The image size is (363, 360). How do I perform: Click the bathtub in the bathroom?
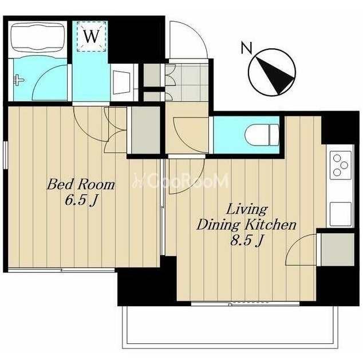tap(38, 37)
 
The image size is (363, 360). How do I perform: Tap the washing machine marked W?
tap(91, 36)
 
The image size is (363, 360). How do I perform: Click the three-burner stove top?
tap(340, 166)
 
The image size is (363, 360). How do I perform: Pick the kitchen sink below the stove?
tap(340, 214)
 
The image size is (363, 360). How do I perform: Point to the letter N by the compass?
tap(247, 48)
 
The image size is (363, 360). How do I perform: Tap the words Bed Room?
tap(81, 185)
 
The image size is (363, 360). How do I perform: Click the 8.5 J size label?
tap(246, 241)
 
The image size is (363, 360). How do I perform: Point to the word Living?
tap(247, 210)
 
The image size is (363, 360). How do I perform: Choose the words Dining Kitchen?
tap(246, 225)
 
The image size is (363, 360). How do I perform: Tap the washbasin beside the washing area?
tap(121, 83)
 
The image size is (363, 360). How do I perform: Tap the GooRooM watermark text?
tap(180, 181)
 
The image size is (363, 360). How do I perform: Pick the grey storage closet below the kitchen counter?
tap(338, 249)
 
